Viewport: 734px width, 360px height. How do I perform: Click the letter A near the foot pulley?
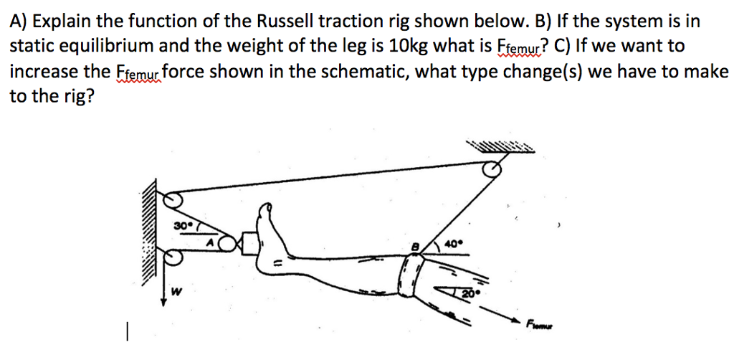point(211,244)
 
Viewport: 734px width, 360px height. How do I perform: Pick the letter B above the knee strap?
point(414,245)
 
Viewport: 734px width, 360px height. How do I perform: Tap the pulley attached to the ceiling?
point(492,170)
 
